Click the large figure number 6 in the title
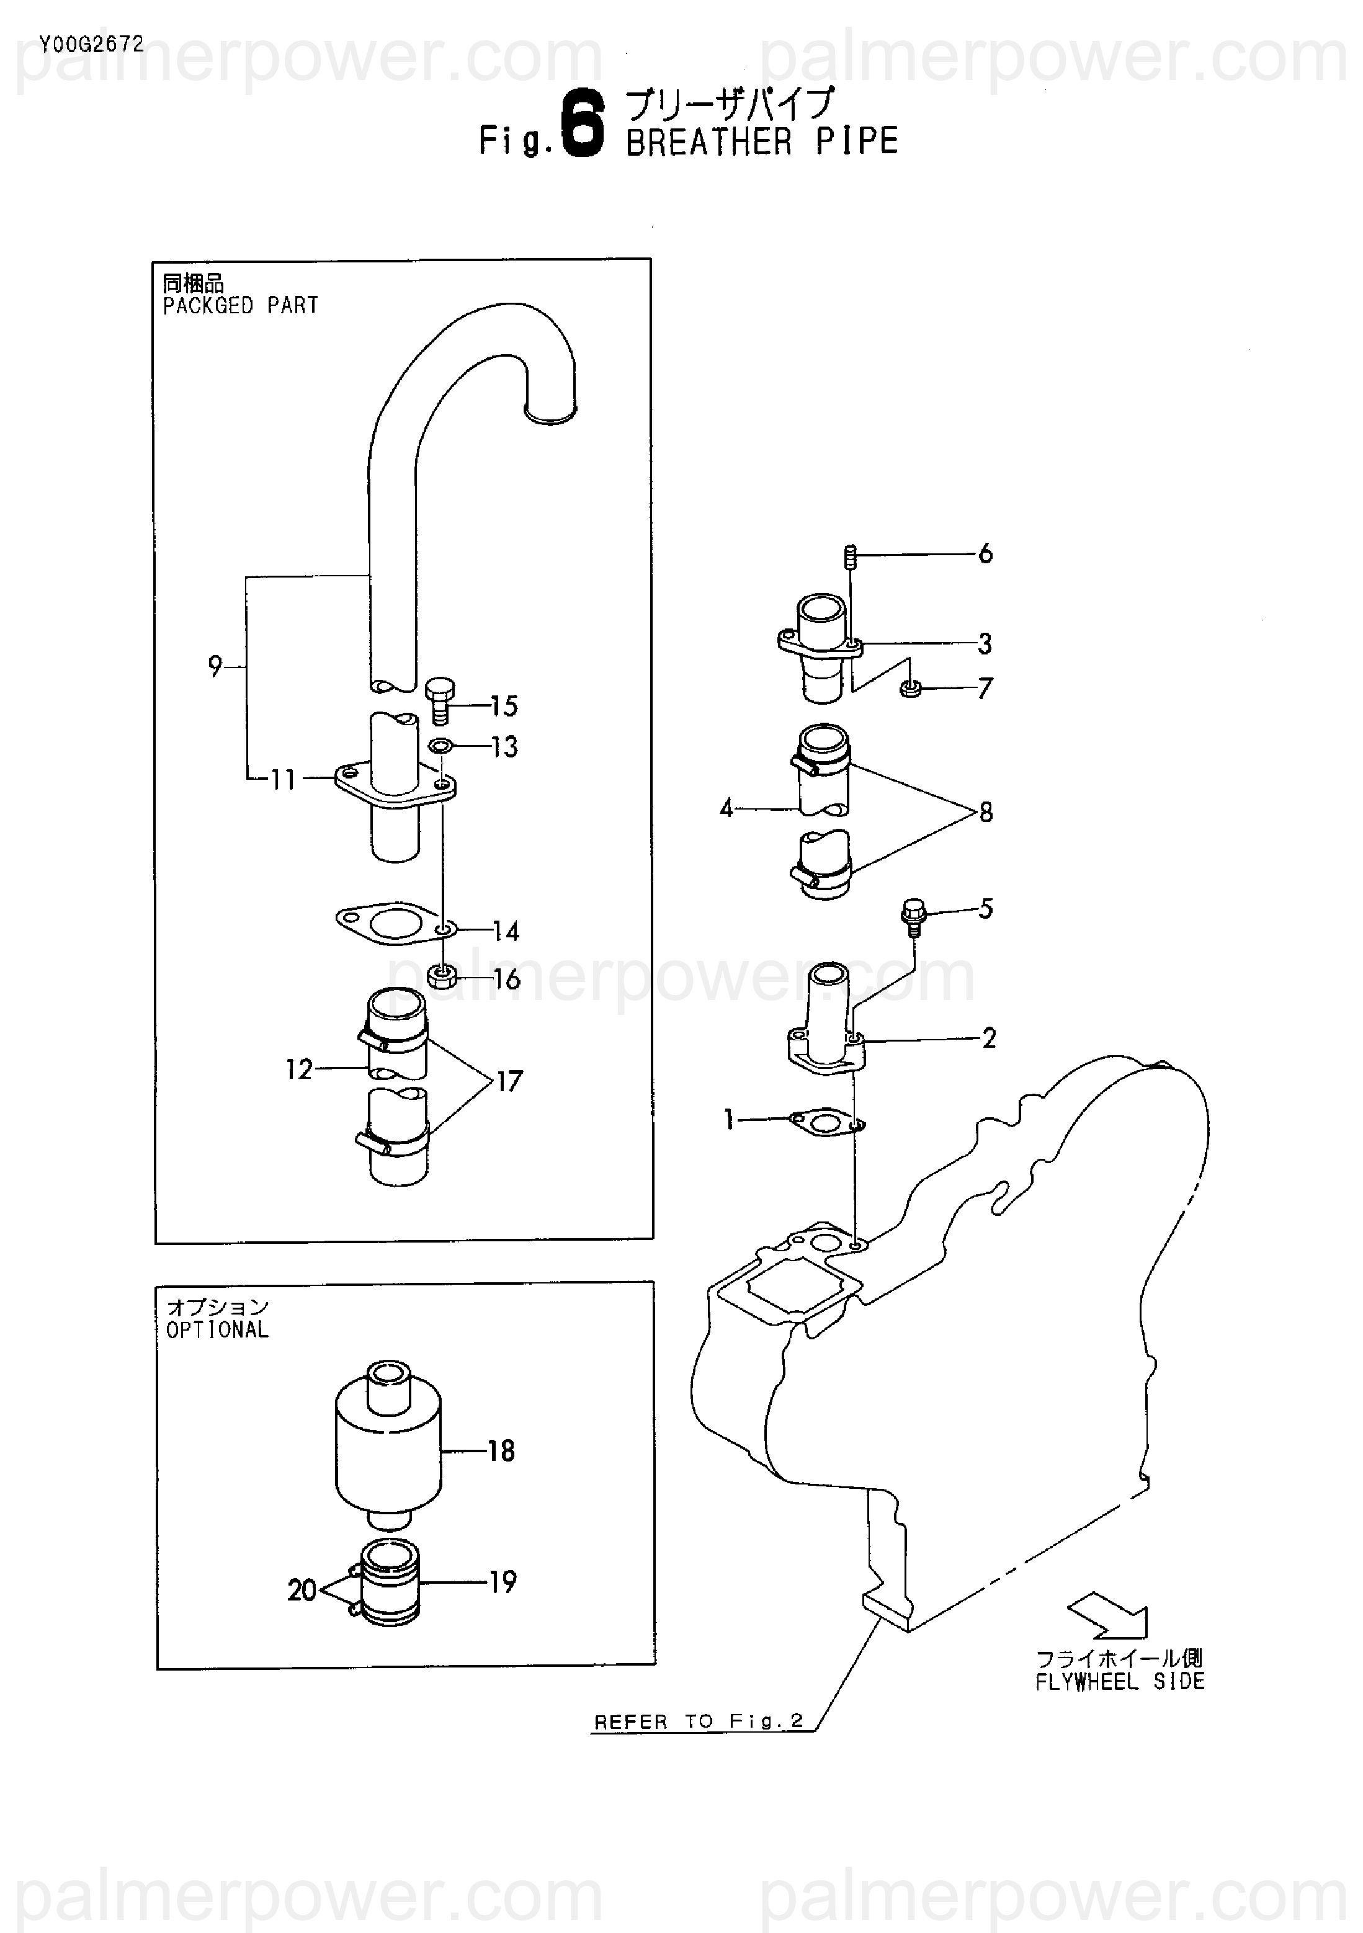pos(583,125)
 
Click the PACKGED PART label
pos(240,306)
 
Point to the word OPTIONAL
pos(217,1329)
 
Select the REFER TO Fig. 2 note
pos(699,1721)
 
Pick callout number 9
pos(215,667)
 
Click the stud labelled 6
pos(851,556)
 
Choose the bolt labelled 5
pos(913,915)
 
